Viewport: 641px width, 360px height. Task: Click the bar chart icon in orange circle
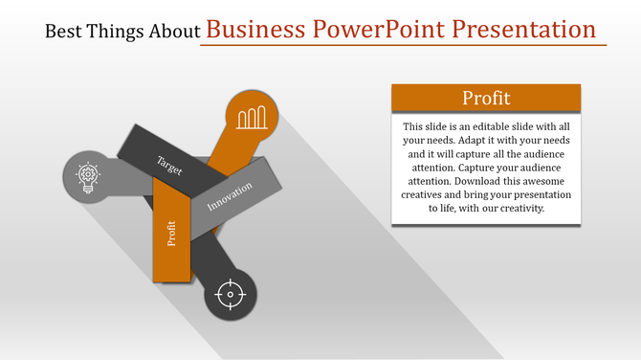pyautogui.click(x=252, y=118)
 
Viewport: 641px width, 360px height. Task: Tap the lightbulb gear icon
pyautogui.click(x=86, y=175)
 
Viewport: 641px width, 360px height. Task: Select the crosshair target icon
pyautogui.click(x=231, y=294)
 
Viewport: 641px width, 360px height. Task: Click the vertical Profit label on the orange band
pyautogui.click(x=172, y=234)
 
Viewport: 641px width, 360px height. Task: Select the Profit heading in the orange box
pyautogui.click(x=486, y=98)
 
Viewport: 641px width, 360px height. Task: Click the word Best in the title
pyautogui.click(x=66, y=31)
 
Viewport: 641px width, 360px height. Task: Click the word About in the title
pyautogui.click(x=176, y=31)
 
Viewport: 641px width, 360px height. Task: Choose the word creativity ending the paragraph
pyautogui.click(x=516, y=207)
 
